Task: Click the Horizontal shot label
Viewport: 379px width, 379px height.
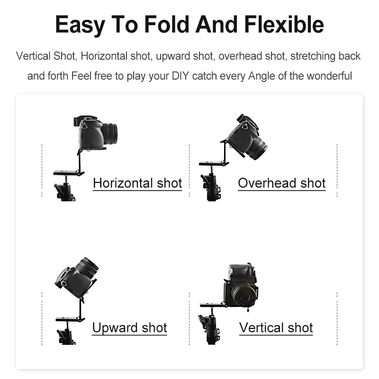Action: (x=137, y=183)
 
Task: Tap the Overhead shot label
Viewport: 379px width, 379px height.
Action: (x=281, y=183)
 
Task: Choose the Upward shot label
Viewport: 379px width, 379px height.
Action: (x=129, y=327)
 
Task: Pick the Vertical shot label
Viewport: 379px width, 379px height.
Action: (x=276, y=327)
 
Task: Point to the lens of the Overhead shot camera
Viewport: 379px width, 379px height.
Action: (x=257, y=149)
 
